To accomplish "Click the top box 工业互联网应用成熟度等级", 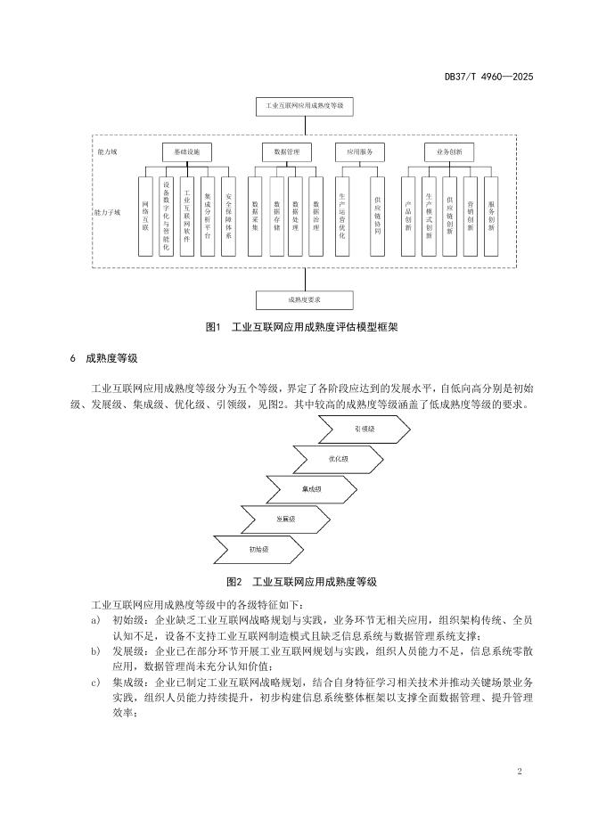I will [304, 106].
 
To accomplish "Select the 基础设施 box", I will [185, 152].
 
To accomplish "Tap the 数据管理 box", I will [287, 152].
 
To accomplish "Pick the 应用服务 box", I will [359, 152].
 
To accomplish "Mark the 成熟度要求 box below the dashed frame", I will [304, 300].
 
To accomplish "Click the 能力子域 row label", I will [110, 213].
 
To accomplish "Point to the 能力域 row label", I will [106, 152].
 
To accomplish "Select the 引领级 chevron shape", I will [364, 429].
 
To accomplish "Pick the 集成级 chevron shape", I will [312, 489].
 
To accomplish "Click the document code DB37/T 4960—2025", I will [488, 78].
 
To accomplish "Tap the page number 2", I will [519, 770].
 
